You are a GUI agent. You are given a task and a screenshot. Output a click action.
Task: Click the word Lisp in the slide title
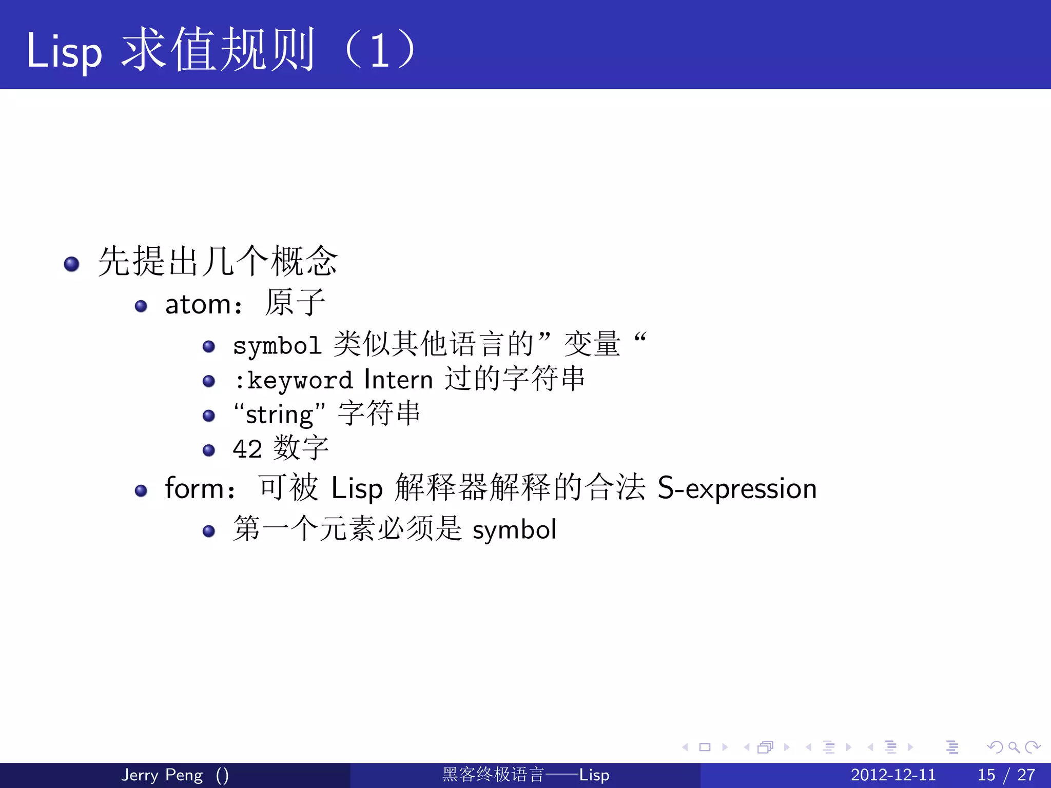64,51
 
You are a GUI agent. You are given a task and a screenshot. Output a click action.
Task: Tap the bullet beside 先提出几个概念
71,264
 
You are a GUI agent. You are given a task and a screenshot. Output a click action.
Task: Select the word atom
198,305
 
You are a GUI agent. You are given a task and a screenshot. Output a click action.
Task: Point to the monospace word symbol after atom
277,345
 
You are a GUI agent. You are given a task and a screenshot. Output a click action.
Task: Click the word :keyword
293,381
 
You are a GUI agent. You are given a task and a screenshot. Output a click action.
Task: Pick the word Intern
398,380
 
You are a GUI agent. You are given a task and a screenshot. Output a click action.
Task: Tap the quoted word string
279,415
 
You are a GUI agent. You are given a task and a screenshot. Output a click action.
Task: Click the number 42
247,449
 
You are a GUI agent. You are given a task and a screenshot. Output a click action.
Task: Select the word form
194,488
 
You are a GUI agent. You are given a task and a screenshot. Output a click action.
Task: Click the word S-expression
737,488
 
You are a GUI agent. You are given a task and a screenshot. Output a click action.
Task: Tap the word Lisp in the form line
357,489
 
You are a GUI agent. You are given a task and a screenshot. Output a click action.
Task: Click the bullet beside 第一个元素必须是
208,531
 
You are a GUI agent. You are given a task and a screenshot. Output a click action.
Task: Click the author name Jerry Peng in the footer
162,775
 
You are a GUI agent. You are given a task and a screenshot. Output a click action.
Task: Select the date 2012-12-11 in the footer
893,775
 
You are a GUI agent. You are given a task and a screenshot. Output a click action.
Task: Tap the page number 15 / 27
1006,775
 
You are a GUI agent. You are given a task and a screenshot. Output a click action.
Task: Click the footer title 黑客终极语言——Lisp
525,775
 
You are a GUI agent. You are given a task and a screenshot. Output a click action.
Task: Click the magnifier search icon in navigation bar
1013,747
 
